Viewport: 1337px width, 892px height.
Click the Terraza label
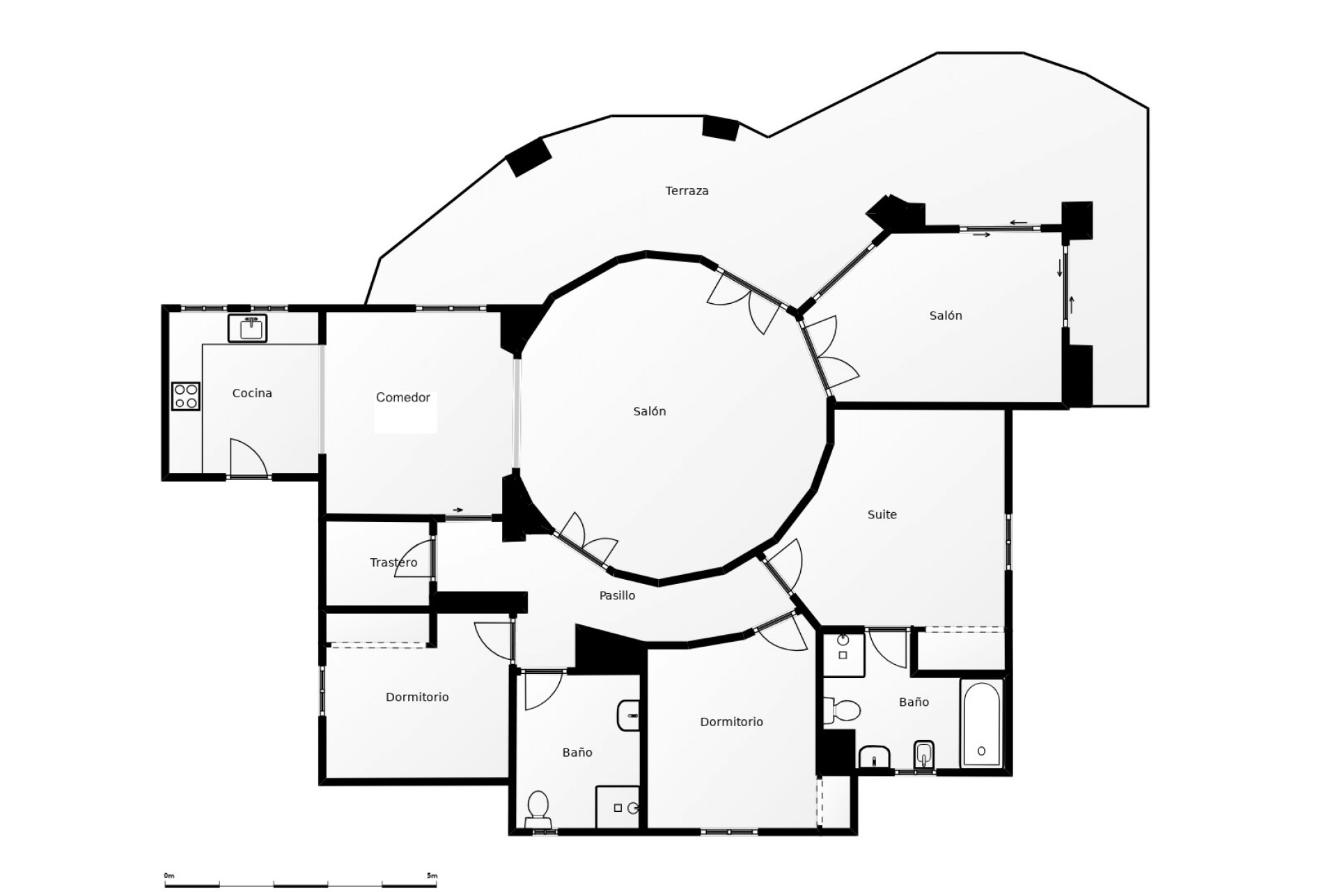[687, 191]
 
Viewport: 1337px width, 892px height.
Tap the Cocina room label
[252, 393]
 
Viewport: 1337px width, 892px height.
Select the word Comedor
[402, 397]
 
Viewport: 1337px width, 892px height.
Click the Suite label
[882, 515]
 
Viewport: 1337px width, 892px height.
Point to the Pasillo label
[617, 596]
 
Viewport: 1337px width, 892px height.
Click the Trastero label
[393, 562]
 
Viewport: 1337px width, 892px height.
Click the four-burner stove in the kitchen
[186, 396]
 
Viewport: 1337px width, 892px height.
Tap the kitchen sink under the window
[247, 328]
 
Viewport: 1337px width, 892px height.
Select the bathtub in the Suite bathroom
[981, 723]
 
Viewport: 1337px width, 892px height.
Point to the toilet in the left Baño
[538, 808]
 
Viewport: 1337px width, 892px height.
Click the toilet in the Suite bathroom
[843, 711]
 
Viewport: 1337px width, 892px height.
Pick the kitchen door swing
[247, 456]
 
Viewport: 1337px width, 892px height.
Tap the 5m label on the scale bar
[432, 876]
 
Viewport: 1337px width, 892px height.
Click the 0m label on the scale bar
[169, 876]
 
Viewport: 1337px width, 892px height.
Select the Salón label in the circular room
[649, 412]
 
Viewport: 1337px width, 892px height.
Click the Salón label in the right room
[945, 316]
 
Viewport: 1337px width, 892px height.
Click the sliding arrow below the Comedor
[458, 510]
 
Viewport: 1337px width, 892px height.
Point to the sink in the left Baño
[628, 716]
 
